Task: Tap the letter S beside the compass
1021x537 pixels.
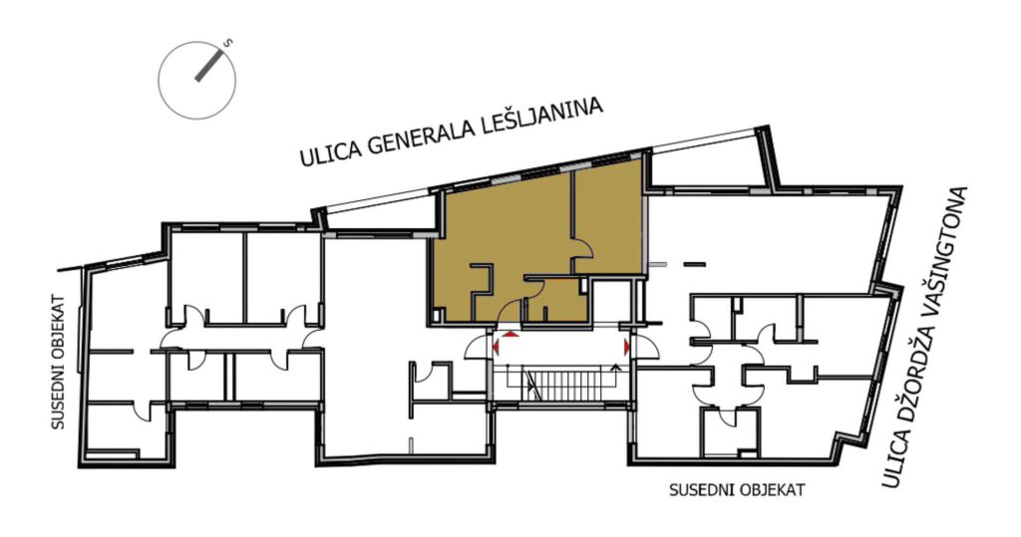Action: (228, 44)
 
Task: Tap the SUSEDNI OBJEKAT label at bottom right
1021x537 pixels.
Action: (737, 489)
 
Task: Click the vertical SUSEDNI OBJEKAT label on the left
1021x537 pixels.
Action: (59, 362)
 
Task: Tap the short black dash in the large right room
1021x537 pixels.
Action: (694, 264)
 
